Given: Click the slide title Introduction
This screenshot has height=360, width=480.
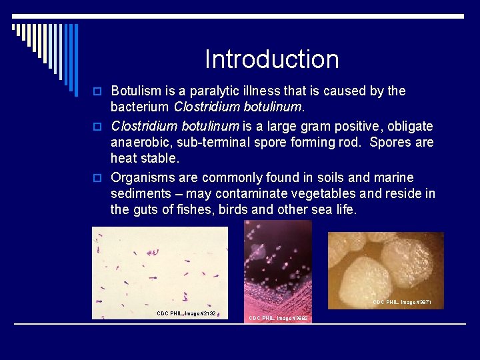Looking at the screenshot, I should click(x=271, y=59).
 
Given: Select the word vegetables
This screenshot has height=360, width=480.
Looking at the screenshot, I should click(x=319, y=193).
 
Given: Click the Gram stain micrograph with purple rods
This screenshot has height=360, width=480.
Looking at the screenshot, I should click(x=160, y=267).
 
